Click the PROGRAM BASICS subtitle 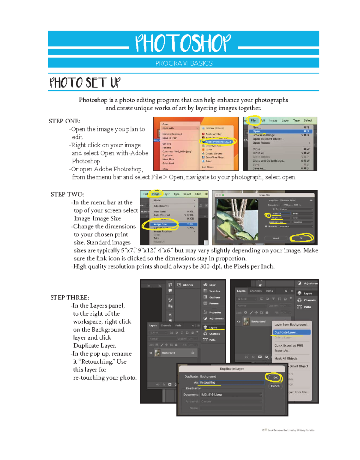click(x=184, y=63)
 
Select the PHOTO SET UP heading click(x=85, y=83)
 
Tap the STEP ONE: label click(x=64, y=121)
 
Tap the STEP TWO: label click(x=67, y=194)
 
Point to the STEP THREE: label click(x=70, y=298)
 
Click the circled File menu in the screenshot click(x=253, y=121)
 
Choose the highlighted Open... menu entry click(x=257, y=131)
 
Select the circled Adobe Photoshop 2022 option click(x=218, y=142)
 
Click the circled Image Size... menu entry click(x=161, y=224)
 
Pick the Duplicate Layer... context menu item click(x=286, y=332)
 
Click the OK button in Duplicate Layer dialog click(x=275, y=377)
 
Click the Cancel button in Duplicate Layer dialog click(x=275, y=386)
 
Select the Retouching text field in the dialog click(x=231, y=383)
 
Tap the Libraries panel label click(x=188, y=285)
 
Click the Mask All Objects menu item click(x=286, y=359)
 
